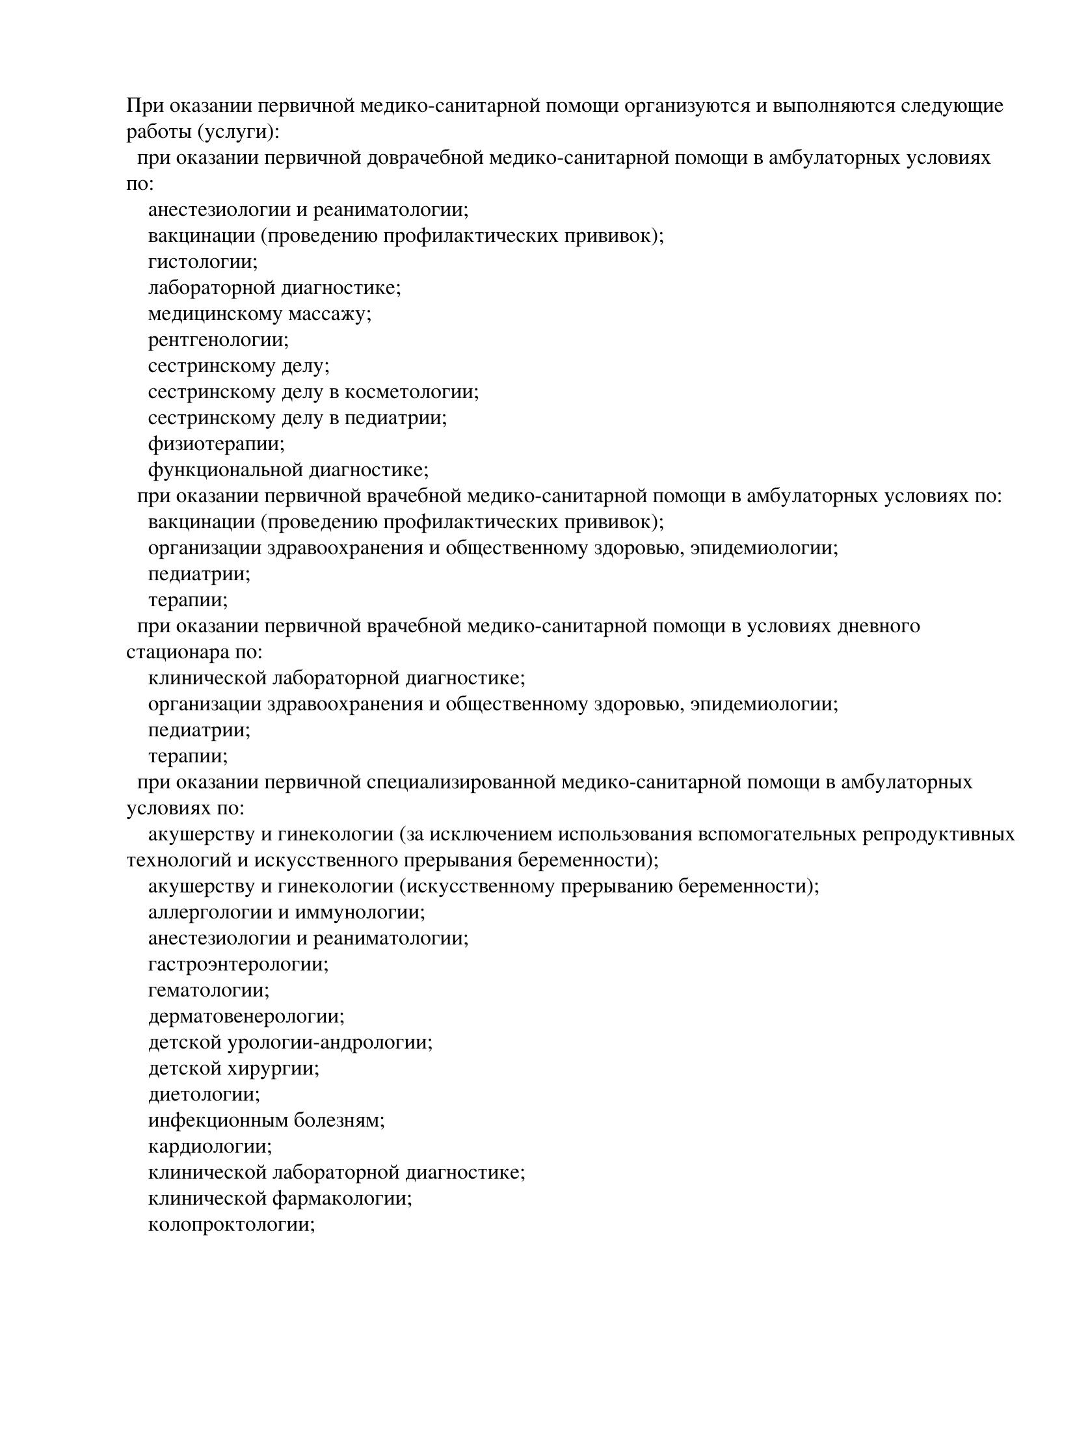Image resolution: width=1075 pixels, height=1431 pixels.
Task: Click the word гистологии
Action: [x=202, y=262]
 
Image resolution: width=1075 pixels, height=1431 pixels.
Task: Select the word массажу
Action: [x=329, y=314]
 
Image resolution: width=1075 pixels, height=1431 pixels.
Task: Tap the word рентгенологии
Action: [x=218, y=340]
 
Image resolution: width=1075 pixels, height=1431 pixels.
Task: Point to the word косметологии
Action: [x=411, y=392]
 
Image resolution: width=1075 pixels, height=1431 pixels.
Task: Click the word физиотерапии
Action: [x=217, y=444]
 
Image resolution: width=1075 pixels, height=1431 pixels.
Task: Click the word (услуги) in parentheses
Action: [x=238, y=132]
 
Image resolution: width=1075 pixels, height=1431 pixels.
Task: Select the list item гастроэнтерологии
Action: [x=238, y=965]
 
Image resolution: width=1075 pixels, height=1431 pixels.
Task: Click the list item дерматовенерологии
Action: [x=246, y=1017]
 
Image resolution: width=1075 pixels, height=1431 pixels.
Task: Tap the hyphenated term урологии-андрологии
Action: [x=329, y=1043]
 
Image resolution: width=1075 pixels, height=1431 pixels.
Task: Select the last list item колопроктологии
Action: [x=232, y=1225]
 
